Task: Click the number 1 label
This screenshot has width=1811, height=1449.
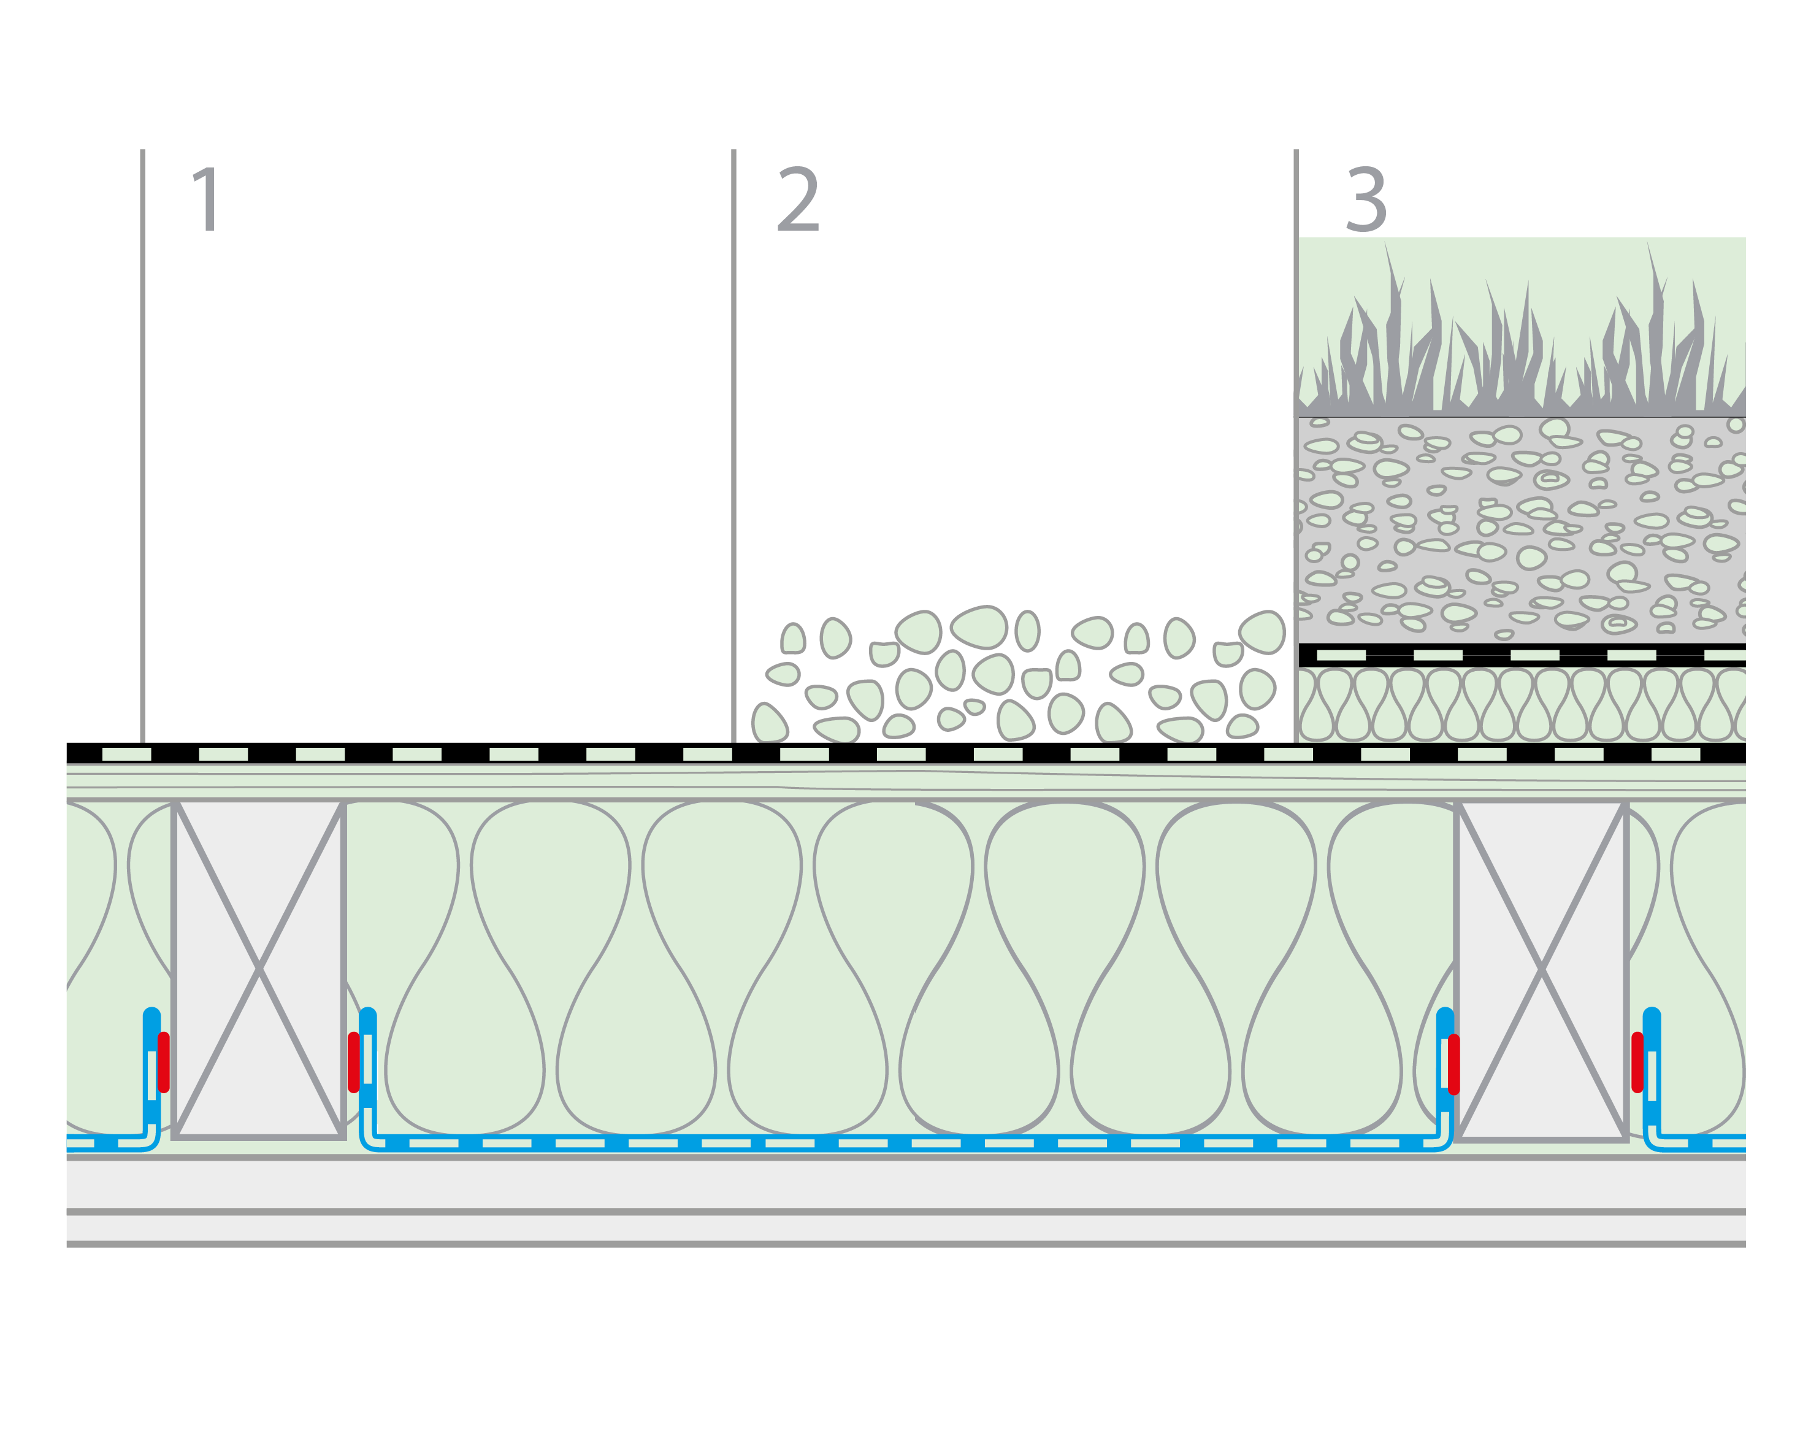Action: (x=207, y=199)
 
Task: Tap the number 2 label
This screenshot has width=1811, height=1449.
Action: (x=797, y=199)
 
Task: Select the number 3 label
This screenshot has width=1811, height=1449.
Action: (x=1366, y=199)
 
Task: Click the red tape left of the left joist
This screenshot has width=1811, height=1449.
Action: (x=164, y=1062)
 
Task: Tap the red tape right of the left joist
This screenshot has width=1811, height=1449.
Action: (x=354, y=1062)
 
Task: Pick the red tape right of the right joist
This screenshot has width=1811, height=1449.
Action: (x=1637, y=1062)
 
